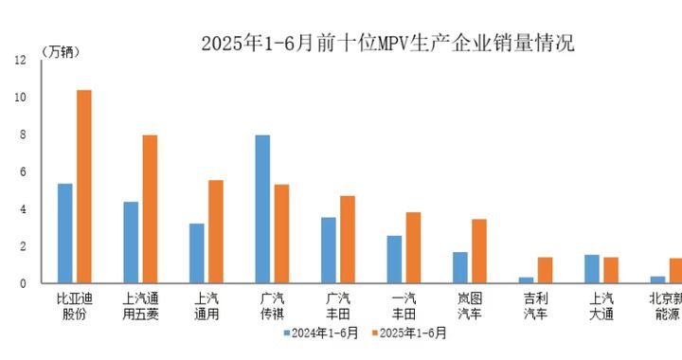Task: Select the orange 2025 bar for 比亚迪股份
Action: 83,187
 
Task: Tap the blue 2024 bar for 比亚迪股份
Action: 65,233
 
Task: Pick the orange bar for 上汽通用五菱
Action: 150,209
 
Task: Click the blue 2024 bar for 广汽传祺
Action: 262,209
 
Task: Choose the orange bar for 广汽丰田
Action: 348,240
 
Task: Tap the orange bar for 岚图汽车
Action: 479,251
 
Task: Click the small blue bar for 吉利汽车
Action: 526,279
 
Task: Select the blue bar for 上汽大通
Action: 592,269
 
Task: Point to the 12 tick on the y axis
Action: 21,61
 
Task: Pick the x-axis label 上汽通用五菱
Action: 140,306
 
